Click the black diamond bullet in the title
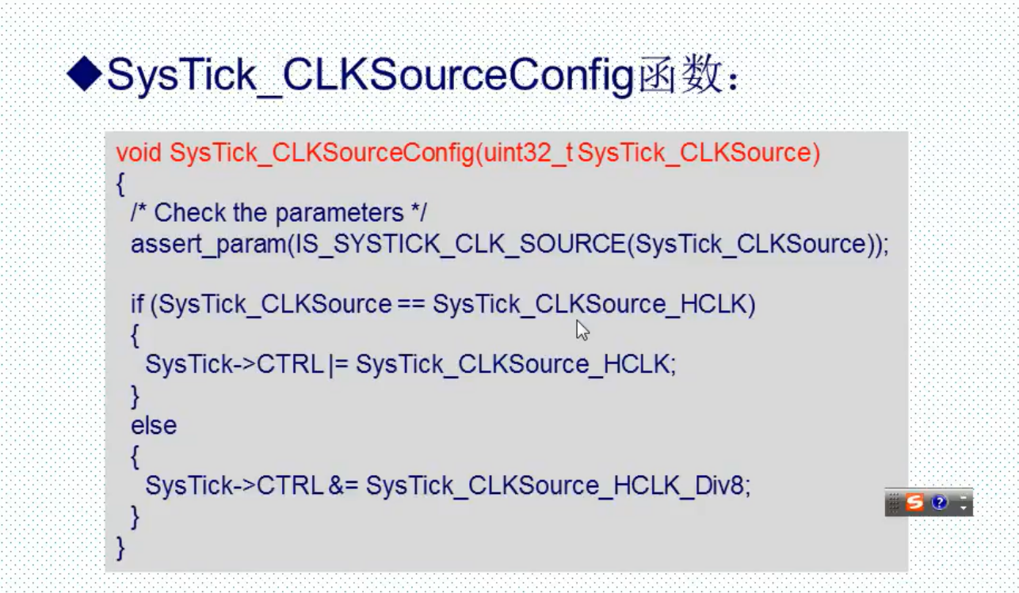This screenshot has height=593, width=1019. click(x=84, y=75)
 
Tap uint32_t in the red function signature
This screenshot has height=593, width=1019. click(x=526, y=152)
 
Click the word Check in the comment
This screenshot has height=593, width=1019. click(x=191, y=213)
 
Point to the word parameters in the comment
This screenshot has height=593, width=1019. click(x=339, y=214)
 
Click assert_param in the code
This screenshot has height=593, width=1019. click(x=208, y=244)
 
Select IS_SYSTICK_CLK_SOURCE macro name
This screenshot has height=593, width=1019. click(x=460, y=244)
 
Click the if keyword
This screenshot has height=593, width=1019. click(x=138, y=304)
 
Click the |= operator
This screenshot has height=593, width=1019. click(x=337, y=365)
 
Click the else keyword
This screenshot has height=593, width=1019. click(x=154, y=426)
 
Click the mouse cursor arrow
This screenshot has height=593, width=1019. click(x=582, y=329)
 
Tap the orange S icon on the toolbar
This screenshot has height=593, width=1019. click(x=915, y=502)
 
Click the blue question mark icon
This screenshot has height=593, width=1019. click(x=940, y=502)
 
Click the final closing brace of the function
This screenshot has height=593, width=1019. click(x=120, y=547)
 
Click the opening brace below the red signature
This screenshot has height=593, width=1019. click(x=120, y=184)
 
